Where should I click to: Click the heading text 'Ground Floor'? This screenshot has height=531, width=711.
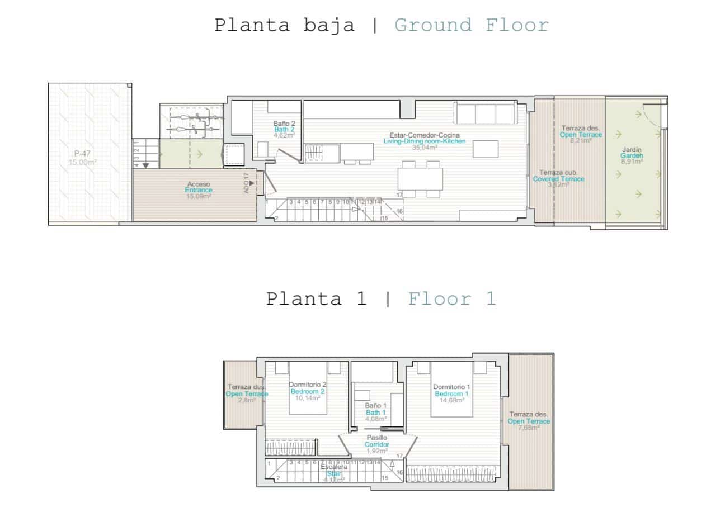coord(472,25)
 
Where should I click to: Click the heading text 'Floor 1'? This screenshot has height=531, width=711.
coord(451,298)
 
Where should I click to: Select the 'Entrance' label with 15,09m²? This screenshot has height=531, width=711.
coord(199,190)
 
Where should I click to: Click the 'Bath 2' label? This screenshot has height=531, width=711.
coord(284,129)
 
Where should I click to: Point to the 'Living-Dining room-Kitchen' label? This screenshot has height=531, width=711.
coord(424,141)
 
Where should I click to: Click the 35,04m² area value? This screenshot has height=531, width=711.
coord(424,148)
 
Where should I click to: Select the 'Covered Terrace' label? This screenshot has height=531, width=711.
coord(558,179)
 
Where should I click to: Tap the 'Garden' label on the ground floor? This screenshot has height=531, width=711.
coord(632,156)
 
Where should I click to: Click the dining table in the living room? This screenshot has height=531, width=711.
coord(420,179)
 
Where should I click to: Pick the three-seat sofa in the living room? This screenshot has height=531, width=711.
coord(485,113)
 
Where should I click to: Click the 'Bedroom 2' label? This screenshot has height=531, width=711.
coord(307,392)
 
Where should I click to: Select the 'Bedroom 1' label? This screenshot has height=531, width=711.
coord(452,393)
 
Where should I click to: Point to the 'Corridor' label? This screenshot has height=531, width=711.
coord(376,444)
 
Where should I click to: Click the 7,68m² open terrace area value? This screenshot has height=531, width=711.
coord(529,428)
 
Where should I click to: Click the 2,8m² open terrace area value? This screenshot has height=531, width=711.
coord(247,400)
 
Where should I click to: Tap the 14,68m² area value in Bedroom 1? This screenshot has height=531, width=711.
coord(452,400)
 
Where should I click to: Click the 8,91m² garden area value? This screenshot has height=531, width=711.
coord(632,162)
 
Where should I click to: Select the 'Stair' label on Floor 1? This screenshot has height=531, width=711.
coord(334,473)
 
